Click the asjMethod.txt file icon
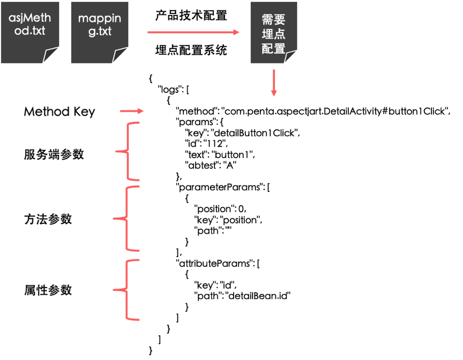(30, 32)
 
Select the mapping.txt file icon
(100, 32)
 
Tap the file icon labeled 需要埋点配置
(274, 32)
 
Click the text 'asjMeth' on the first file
(30, 19)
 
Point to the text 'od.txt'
(30, 31)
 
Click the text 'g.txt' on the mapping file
(100, 31)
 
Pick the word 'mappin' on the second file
(100, 19)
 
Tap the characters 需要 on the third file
(274, 19)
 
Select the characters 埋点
(274, 34)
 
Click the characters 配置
(274, 49)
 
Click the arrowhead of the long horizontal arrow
(236, 32)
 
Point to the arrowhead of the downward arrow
(274, 93)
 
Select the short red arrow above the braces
(132, 111)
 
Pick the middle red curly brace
(127, 219)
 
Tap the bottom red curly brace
(127, 290)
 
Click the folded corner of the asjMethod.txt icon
(51, 56)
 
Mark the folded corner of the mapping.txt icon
(121, 56)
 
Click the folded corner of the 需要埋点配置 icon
(291, 57)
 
